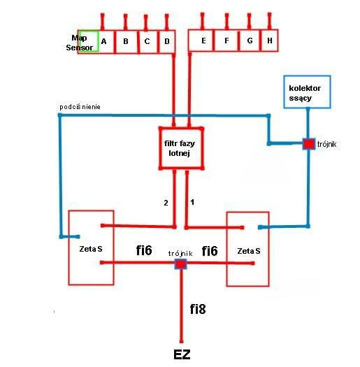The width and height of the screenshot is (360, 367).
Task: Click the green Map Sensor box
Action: [88, 41]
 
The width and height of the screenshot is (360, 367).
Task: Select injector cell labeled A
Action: [106, 42]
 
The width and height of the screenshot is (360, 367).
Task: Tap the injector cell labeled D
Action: [167, 42]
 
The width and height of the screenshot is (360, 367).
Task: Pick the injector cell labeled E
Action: [201, 41]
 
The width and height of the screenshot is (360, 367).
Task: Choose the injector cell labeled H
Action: [269, 41]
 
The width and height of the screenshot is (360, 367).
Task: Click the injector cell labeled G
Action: [250, 41]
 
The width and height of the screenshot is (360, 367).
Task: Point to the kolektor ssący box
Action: [307, 92]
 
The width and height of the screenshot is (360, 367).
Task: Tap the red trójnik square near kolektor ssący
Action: [309, 144]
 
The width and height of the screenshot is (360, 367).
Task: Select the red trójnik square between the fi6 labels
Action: [181, 264]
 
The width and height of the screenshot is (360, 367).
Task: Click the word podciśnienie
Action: [80, 107]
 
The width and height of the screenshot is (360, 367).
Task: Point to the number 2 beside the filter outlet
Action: [166, 203]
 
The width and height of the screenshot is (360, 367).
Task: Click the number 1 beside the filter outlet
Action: [192, 202]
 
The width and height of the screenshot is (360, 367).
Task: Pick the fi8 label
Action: [198, 309]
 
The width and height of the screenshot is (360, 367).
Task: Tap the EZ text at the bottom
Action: [182, 354]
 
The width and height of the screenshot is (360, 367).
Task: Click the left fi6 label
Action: [144, 250]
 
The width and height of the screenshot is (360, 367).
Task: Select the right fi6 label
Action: [210, 251]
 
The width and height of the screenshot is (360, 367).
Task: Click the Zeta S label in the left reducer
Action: [91, 249]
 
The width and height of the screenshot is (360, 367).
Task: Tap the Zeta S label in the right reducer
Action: [249, 251]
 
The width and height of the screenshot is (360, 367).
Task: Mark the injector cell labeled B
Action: [126, 42]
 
